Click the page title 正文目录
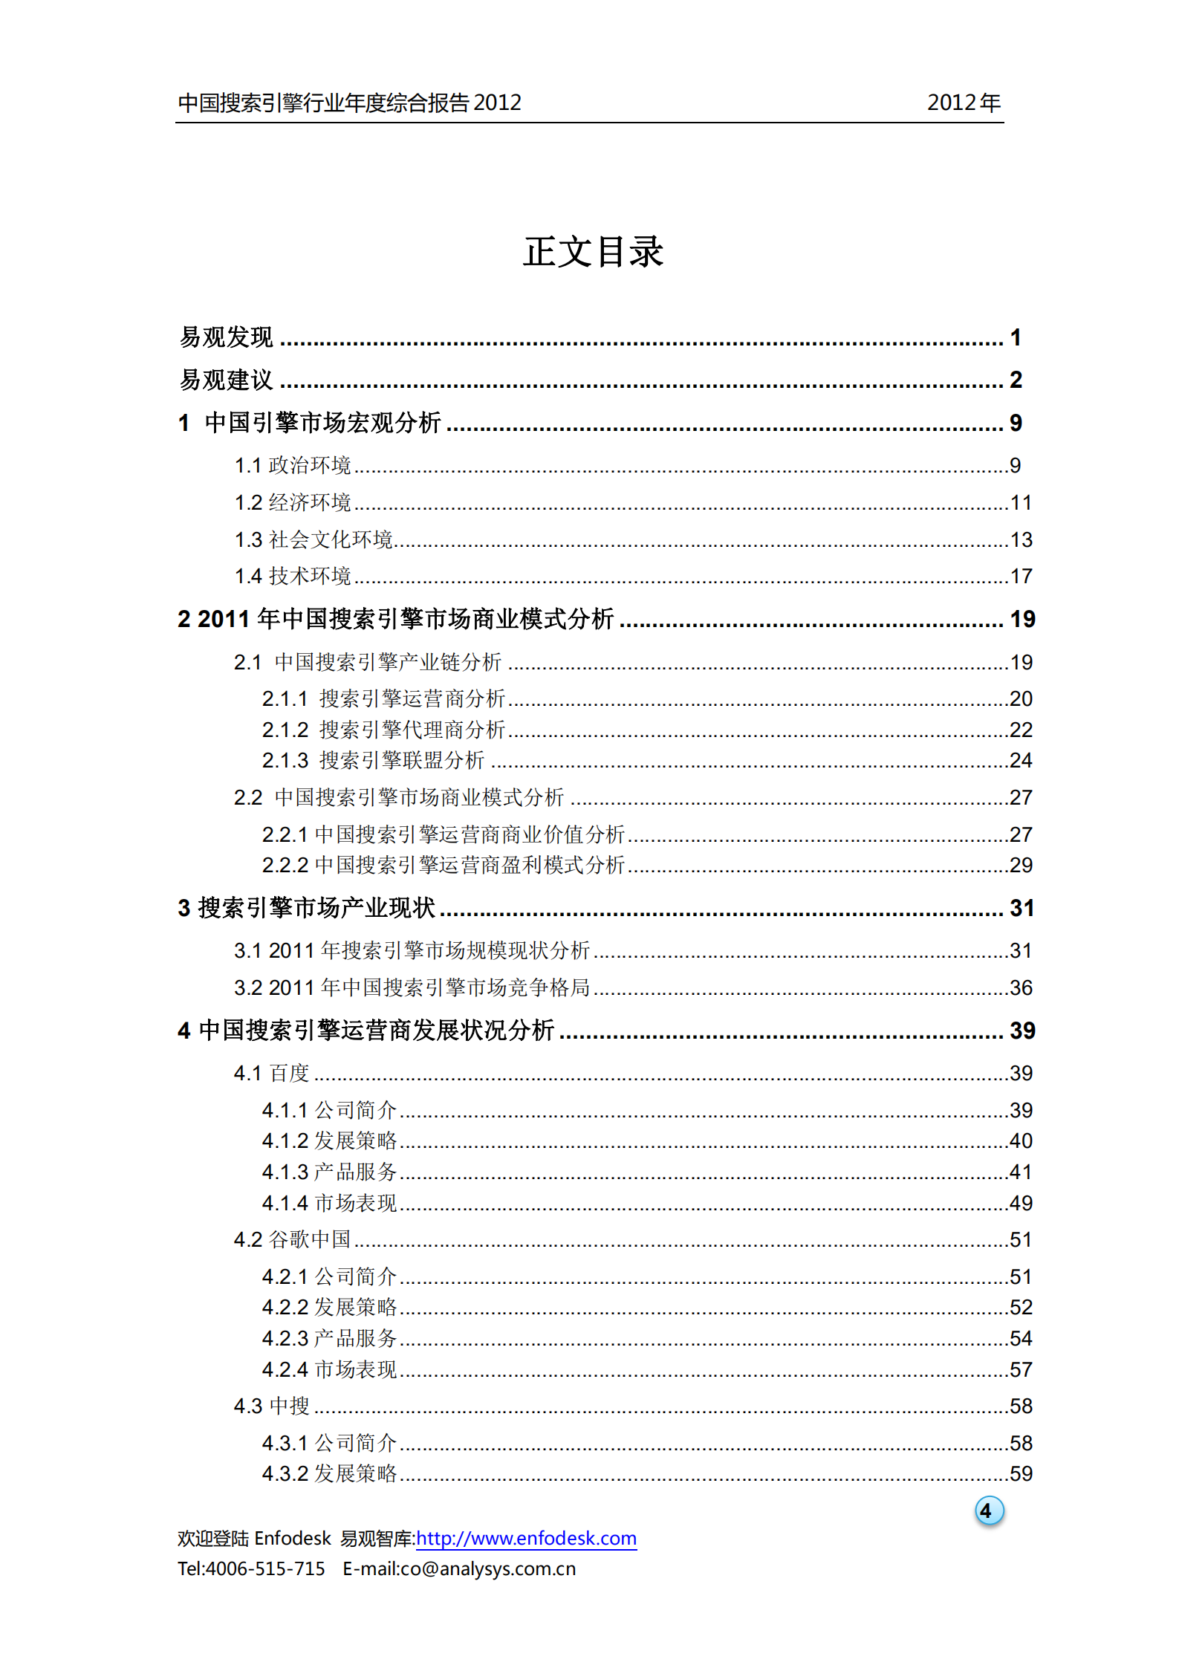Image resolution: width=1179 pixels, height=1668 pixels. pyautogui.click(x=592, y=252)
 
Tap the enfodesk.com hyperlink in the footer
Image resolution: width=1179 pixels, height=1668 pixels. pyautogui.click(x=526, y=1538)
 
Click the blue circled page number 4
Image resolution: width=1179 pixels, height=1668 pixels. pyautogui.click(x=988, y=1510)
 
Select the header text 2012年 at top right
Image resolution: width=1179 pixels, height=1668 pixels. pyautogui.click(x=964, y=103)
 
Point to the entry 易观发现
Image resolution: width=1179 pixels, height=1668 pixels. pyautogui.click(x=227, y=337)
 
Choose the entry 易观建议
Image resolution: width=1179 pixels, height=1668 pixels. pyautogui.click(x=227, y=380)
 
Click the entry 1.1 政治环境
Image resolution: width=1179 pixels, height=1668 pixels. pyautogui.click(x=293, y=465)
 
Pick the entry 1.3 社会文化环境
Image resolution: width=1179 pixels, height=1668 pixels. pyautogui.click(x=314, y=539)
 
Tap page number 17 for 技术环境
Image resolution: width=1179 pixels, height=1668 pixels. pyautogui.click(x=1021, y=577)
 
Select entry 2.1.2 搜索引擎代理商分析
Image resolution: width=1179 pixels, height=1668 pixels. pyautogui.click(x=383, y=730)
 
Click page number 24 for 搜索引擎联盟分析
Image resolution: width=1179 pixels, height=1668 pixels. pyautogui.click(x=1021, y=761)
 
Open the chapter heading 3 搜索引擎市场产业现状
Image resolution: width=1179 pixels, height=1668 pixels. pyautogui.click(x=306, y=908)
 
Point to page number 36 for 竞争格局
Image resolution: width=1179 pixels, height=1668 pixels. pyautogui.click(x=1021, y=988)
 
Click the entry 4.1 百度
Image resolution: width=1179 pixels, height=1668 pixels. pyautogui.click(x=271, y=1074)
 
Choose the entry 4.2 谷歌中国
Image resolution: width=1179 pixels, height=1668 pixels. pyautogui.click(x=292, y=1239)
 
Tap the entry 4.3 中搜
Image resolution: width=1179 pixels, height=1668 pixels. pyautogui.click(x=271, y=1406)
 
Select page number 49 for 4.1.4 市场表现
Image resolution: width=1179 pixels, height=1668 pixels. pyautogui.click(x=1021, y=1203)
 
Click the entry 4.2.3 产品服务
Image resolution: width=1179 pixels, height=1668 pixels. pyautogui.click(x=329, y=1338)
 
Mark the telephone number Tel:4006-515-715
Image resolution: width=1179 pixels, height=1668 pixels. pyautogui.click(x=251, y=1568)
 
